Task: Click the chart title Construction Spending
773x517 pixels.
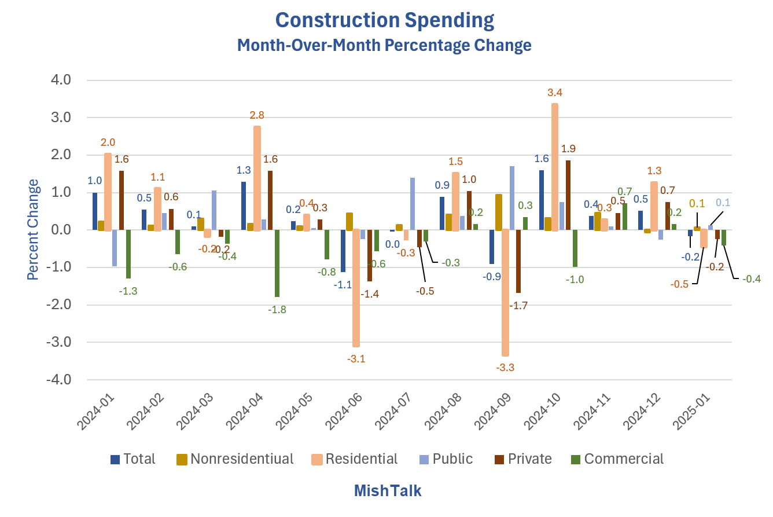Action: point(385,20)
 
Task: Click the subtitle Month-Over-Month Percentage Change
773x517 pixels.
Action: point(385,45)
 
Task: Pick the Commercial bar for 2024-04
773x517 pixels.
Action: point(277,263)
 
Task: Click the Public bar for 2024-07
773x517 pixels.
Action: point(413,204)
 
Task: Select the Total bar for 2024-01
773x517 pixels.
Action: point(95,211)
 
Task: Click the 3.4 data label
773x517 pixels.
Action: point(555,93)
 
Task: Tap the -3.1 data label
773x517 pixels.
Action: point(356,359)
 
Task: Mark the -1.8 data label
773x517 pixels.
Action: point(277,310)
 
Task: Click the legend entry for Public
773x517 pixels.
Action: point(446,459)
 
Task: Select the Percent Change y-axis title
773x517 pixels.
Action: point(34,229)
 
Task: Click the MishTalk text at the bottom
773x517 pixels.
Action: point(387,491)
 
